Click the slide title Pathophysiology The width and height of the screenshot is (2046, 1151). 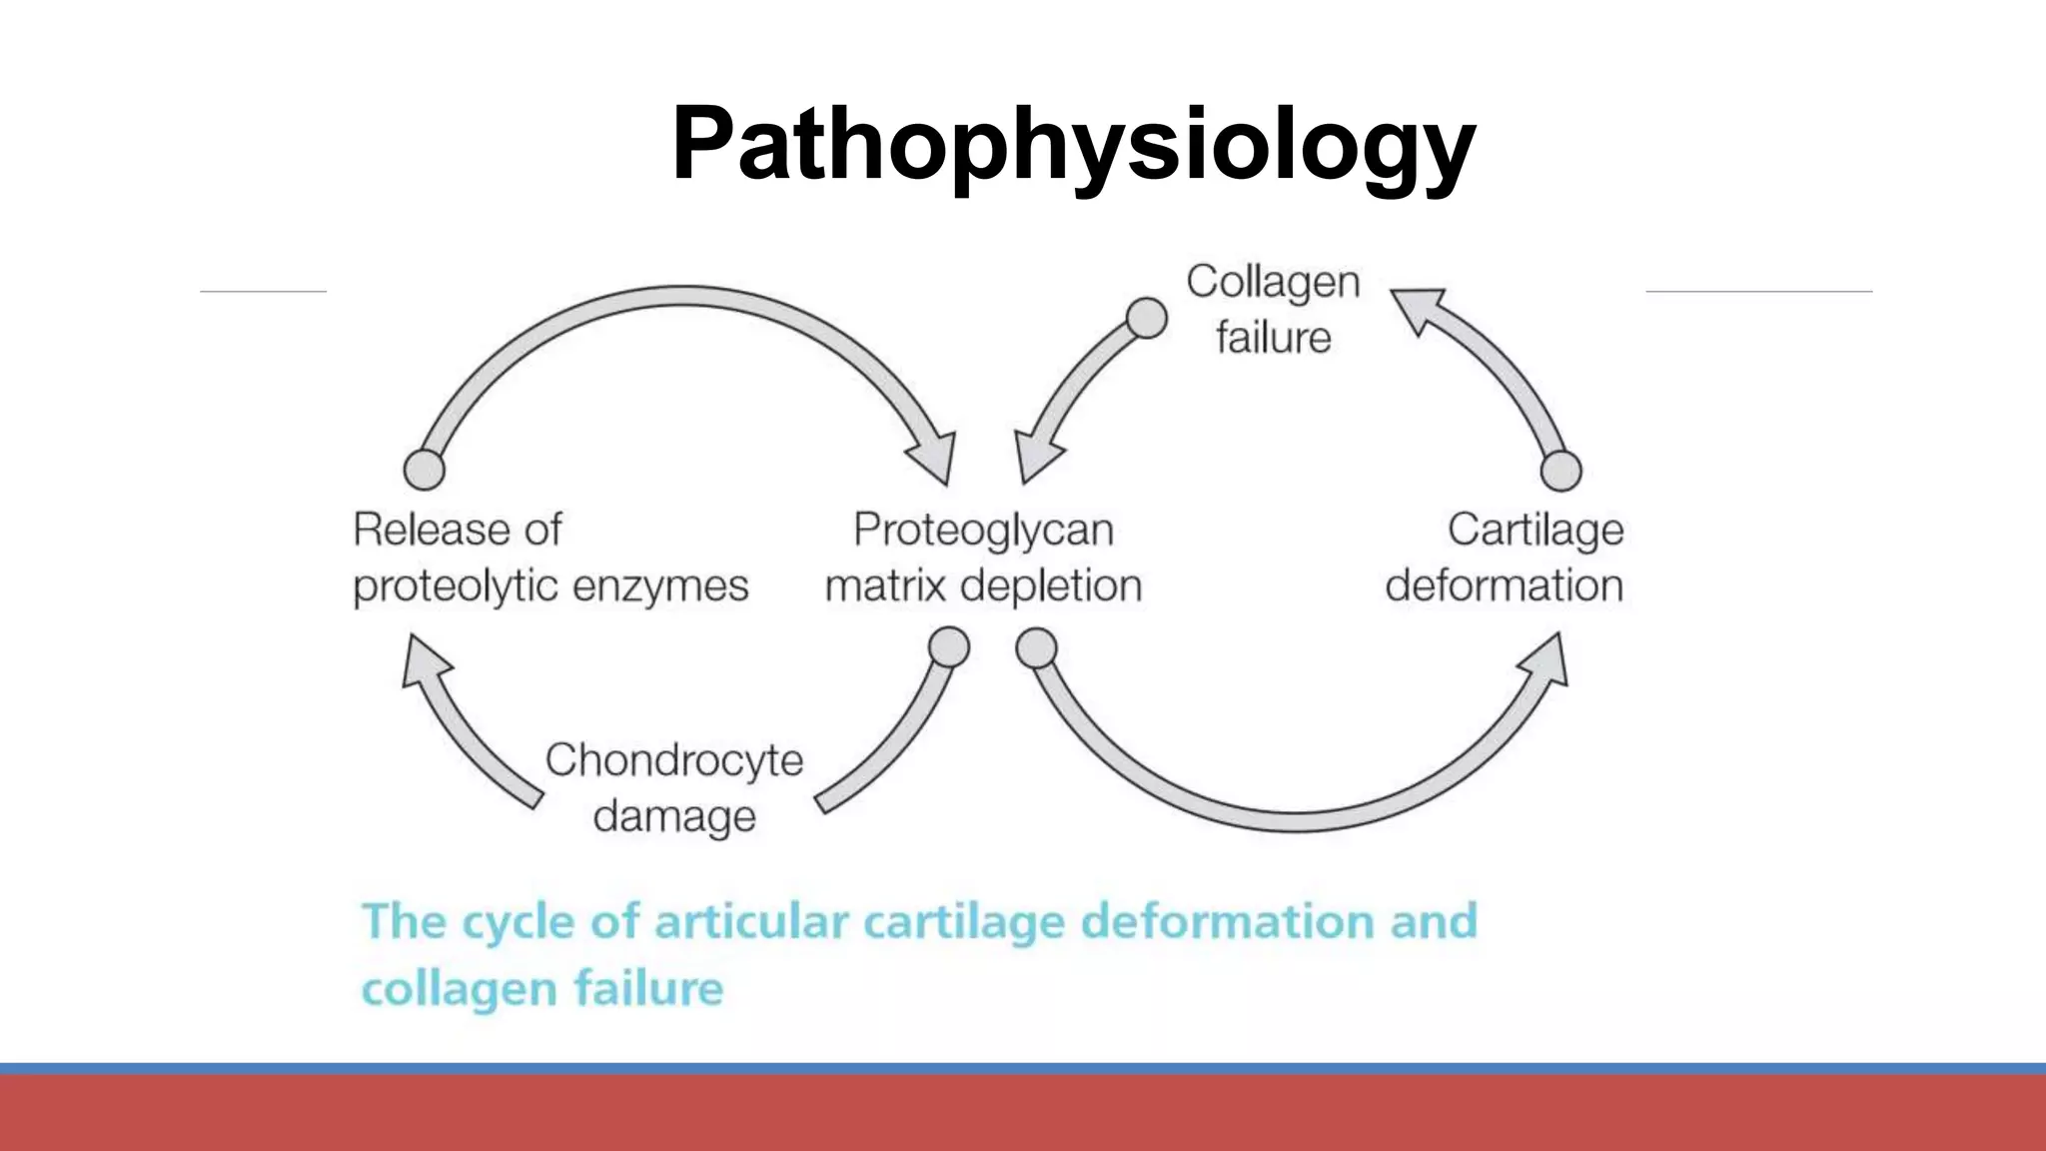pos(1073,145)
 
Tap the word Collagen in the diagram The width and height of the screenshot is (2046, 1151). pos(1273,283)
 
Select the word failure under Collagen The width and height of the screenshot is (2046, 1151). pos(1273,338)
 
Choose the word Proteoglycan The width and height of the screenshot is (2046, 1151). pos(983,531)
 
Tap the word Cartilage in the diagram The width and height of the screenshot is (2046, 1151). pos(1534,531)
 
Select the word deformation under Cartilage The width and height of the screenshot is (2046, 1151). pos(1504,585)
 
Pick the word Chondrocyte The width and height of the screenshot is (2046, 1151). pos(674,760)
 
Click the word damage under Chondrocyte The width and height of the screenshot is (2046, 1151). pos(674,816)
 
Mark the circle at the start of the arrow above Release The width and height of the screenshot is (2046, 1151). pos(424,469)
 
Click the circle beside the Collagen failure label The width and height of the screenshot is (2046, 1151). pos(1146,319)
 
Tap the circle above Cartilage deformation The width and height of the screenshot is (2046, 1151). pos(1560,471)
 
